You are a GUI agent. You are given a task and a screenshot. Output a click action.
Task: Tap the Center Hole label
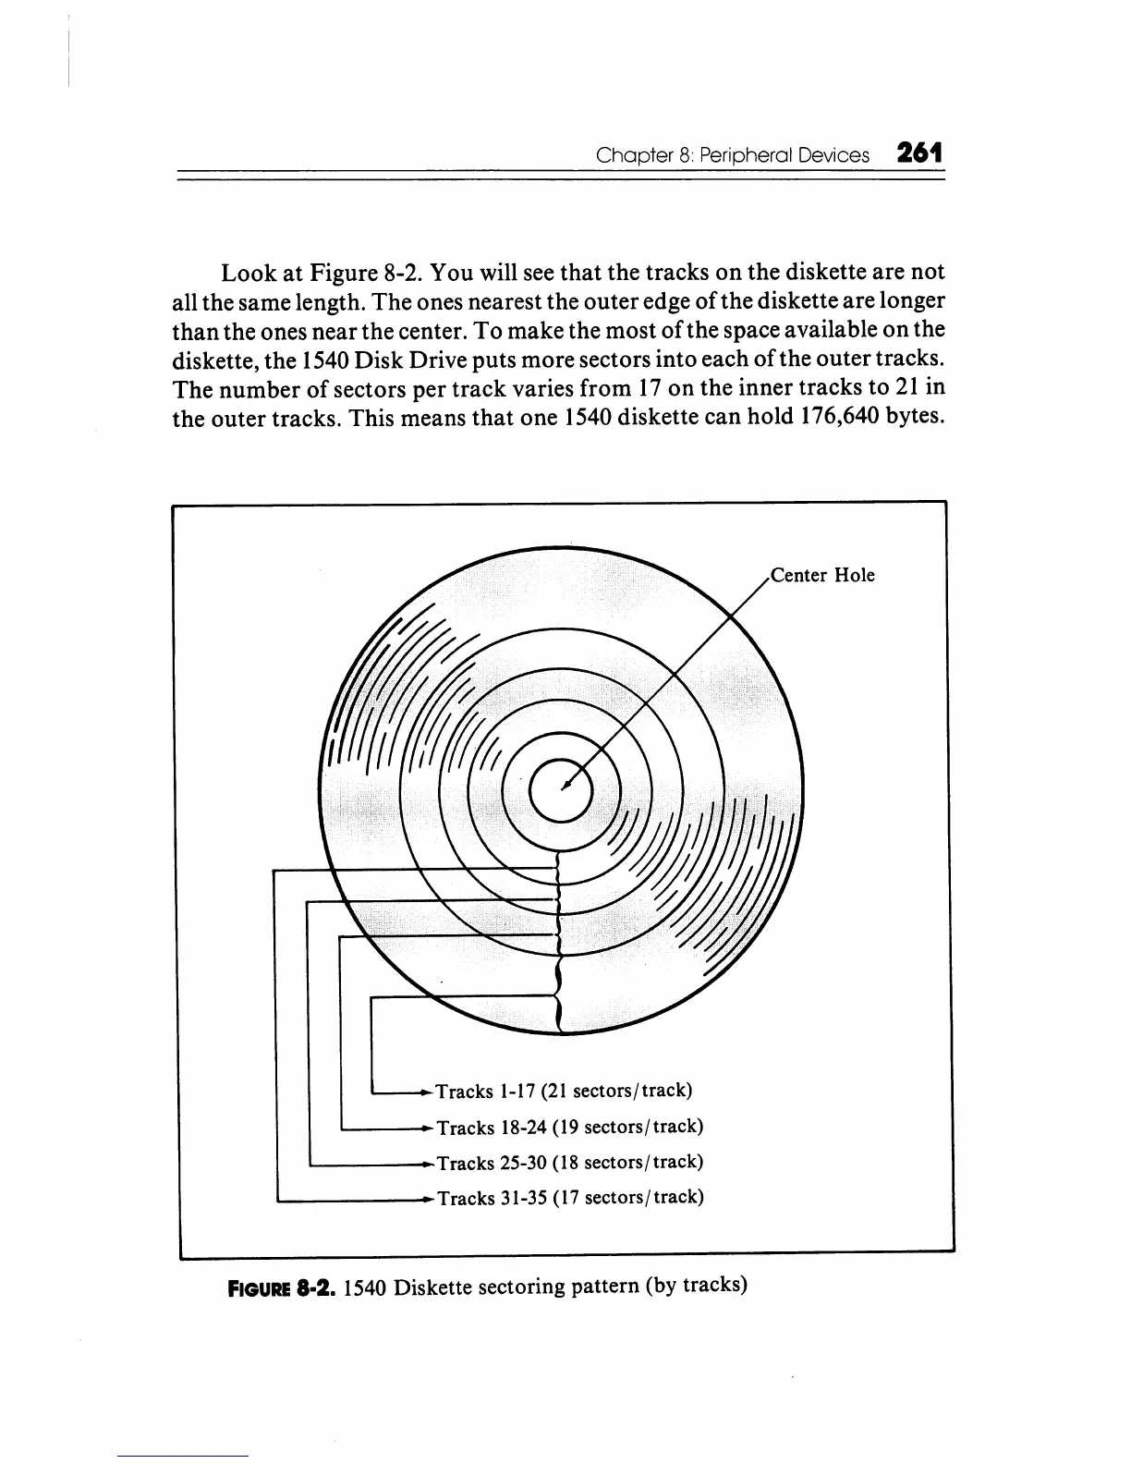(x=822, y=576)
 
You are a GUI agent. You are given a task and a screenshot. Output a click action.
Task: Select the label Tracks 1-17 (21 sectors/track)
(x=563, y=1091)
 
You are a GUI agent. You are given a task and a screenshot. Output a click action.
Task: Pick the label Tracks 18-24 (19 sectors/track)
(x=569, y=1127)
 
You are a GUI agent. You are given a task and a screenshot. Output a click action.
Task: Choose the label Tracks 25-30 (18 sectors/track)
(x=569, y=1162)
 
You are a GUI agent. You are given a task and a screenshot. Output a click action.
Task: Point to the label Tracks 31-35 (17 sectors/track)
(x=569, y=1198)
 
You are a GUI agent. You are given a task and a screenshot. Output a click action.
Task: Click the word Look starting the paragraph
(x=247, y=274)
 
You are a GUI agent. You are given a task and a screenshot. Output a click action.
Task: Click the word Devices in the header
(x=835, y=155)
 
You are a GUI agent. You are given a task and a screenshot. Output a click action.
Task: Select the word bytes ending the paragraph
(x=913, y=417)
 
